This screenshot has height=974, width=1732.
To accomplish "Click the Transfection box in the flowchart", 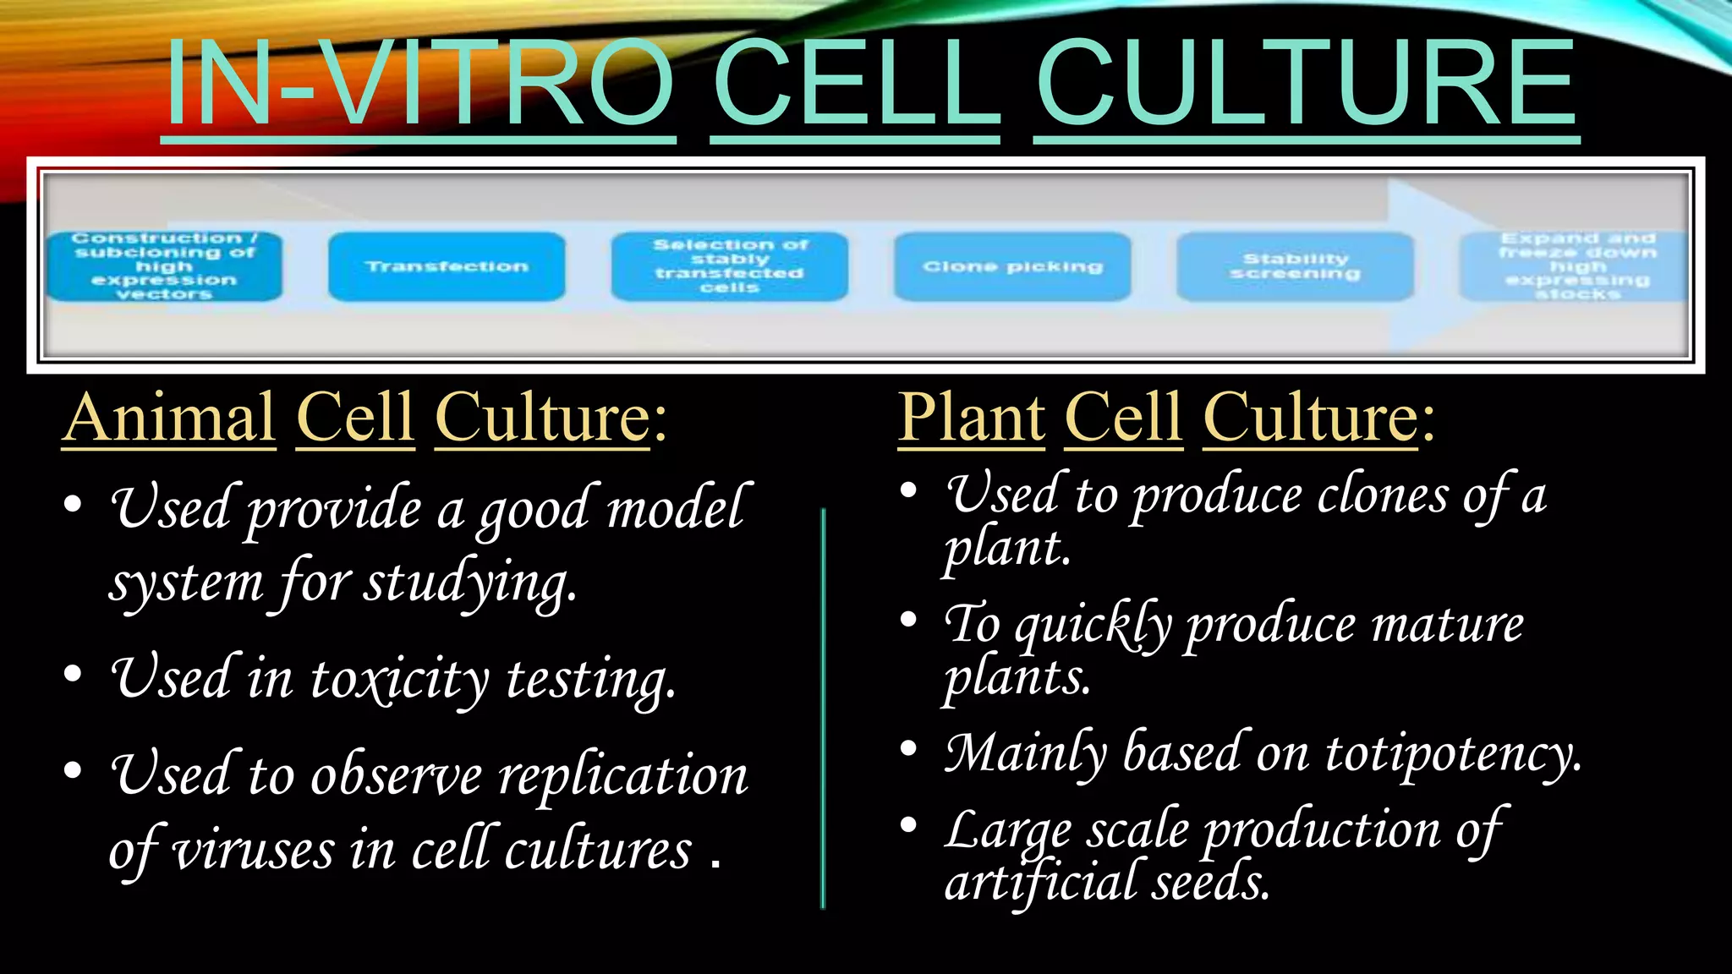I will (x=447, y=267).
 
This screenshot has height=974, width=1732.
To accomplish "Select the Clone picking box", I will (x=1012, y=267).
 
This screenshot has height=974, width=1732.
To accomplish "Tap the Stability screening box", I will (x=1295, y=267).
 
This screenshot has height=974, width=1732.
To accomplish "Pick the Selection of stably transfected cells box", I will (x=729, y=267).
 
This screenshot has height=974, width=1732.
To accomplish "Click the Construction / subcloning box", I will (x=164, y=267).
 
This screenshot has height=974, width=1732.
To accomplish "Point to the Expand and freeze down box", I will (x=1575, y=267).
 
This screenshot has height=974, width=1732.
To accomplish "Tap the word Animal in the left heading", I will (x=169, y=418).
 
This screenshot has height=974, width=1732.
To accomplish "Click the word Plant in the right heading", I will (x=971, y=418).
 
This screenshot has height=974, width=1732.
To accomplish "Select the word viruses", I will (x=254, y=851).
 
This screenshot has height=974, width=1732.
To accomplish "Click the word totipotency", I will (x=1452, y=753).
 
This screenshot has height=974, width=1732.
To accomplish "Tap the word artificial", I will (x=1040, y=883).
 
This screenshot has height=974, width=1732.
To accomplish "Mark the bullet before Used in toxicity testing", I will (x=73, y=675).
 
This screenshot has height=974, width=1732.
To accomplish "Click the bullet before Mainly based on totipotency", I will (x=908, y=748).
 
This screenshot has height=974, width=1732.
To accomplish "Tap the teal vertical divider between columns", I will (x=823, y=709).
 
